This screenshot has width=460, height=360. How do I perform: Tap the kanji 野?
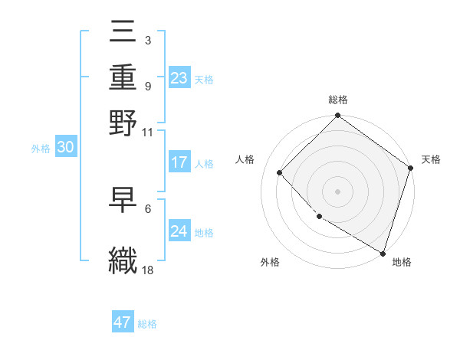click(123, 122)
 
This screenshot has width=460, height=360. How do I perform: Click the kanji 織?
click(123, 259)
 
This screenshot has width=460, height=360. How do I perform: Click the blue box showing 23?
click(179, 77)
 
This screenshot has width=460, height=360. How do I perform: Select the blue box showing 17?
click(179, 162)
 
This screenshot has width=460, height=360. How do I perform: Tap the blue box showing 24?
click(179, 231)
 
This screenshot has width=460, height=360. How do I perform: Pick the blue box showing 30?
click(65, 148)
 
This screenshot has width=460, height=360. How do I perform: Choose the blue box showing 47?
click(123, 322)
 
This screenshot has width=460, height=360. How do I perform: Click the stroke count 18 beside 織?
click(148, 270)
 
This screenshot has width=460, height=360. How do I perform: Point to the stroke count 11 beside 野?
click(148, 132)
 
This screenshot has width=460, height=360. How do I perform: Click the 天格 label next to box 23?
click(204, 79)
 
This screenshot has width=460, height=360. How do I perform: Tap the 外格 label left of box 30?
click(41, 149)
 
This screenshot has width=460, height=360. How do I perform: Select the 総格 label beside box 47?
click(147, 324)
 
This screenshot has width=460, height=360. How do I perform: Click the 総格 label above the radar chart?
click(337, 100)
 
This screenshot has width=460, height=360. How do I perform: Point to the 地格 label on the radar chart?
click(402, 262)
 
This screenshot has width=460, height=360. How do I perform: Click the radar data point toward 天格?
click(411, 169)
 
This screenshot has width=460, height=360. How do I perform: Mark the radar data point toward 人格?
click(280, 173)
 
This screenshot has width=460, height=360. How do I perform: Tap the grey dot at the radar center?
click(337, 191)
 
